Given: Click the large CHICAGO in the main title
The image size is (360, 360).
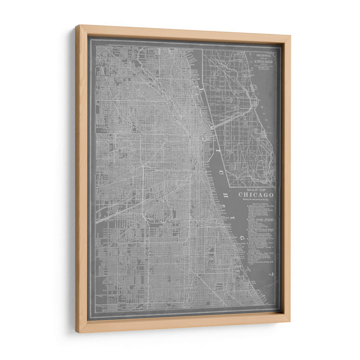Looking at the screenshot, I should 256,195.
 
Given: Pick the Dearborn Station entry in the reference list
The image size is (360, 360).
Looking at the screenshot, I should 259,210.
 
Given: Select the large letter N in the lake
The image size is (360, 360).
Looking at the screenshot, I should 271,274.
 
